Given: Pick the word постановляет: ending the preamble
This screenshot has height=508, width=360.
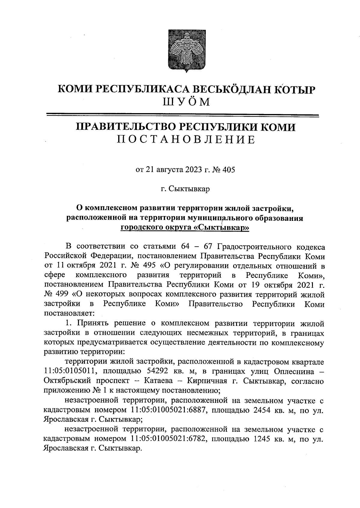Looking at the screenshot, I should (69, 314).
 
